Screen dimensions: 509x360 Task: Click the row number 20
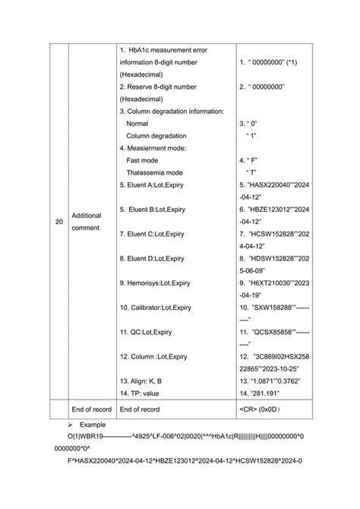(59, 222)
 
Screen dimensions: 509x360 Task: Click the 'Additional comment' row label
(87, 222)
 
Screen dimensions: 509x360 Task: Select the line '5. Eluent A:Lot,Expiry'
(151, 185)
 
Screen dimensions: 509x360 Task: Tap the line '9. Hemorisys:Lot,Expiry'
(155, 283)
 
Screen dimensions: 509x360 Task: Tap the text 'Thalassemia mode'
(154, 172)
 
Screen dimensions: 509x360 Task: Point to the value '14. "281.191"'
(260, 393)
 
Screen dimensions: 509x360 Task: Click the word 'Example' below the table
(93, 425)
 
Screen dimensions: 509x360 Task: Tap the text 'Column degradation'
(157, 135)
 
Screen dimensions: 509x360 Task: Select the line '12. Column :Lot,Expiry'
(153, 356)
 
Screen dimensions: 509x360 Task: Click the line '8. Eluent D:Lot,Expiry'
(152, 258)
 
